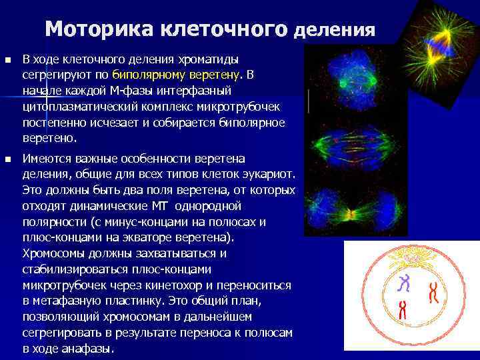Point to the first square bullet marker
[7, 60]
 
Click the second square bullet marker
[7, 159]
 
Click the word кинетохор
[166, 285]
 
